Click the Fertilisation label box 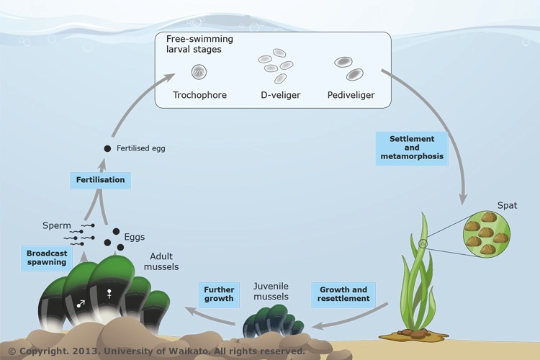pyautogui.click(x=101, y=179)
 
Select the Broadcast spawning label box pyautogui.click(x=47, y=258)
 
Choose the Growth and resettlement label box pyautogui.click(x=343, y=294)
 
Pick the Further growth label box pyautogui.click(x=219, y=294)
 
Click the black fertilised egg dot pyautogui.click(x=107, y=148)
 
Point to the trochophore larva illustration pyautogui.click(x=199, y=71)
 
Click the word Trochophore pyautogui.click(x=199, y=94)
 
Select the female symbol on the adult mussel pyautogui.click(x=110, y=294)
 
